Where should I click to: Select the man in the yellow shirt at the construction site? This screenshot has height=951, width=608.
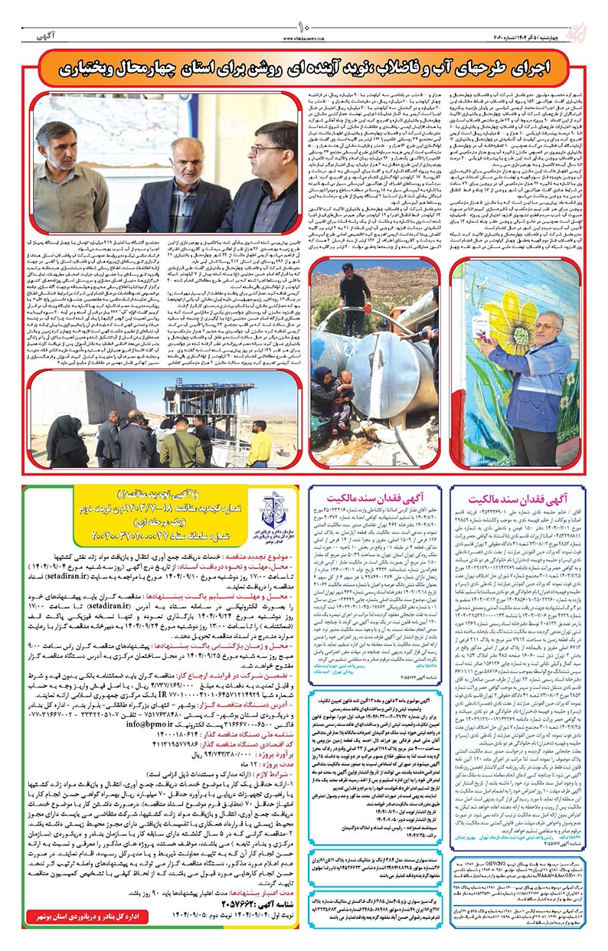click(x=258, y=444)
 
